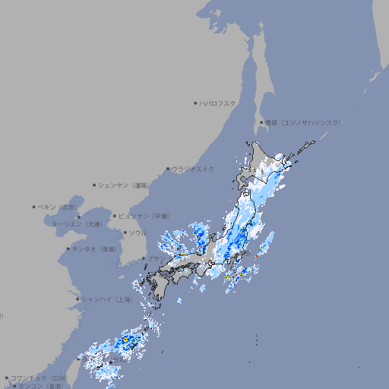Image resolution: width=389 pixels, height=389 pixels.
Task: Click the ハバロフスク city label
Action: tap(217, 103)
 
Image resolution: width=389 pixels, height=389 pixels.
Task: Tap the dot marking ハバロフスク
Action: tap(195, 103)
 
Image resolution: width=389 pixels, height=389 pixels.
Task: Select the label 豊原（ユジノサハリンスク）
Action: tap(302, 122)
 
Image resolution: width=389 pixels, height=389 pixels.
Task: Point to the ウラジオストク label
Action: tap(193, 169)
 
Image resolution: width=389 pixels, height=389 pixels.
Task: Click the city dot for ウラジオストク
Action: tap(168, 169)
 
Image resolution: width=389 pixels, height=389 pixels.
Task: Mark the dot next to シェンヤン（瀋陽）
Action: tap(95, 185)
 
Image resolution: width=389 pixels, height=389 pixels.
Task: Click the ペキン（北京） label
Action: tap(59, 207)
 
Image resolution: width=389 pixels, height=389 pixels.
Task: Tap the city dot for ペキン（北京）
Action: tap(34, 207)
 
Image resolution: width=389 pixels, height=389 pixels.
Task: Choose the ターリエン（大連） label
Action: tap(77, 224)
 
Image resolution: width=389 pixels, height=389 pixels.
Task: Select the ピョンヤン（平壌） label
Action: tap(144, 216)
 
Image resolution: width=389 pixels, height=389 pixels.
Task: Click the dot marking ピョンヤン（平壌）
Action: tap(115, 216)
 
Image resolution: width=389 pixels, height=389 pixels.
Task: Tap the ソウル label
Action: tap(138, 232)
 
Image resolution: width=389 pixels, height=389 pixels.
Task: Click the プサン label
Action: tap(155, 259)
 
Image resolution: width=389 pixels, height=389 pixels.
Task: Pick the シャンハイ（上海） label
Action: tap(106, 299)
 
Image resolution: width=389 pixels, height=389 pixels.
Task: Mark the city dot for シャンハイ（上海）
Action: tap(77, 299)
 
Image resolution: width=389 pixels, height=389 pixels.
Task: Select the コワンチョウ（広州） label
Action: tap(38, 378)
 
